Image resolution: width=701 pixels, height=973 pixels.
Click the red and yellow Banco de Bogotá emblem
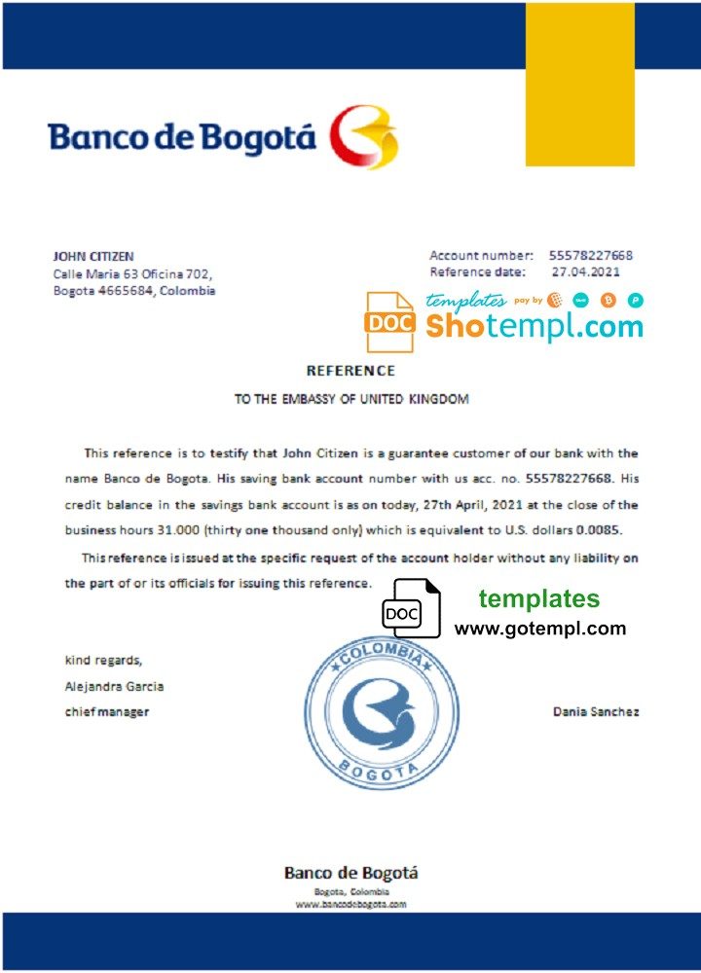363,137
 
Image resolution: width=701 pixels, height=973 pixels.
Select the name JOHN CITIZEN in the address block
93,256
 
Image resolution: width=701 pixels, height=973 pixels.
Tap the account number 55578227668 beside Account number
590,255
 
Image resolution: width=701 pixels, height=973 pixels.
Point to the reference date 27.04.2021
585,272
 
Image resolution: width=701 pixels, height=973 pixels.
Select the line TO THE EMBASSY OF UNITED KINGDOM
351,399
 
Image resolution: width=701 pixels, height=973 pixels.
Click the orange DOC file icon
389,321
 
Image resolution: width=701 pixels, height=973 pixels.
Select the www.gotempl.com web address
540,629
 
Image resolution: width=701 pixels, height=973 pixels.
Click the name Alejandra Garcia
114,686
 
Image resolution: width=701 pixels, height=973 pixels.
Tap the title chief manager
107,712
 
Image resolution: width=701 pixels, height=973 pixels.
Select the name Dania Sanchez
596,712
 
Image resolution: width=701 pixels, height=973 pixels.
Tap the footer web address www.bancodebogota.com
350,904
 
